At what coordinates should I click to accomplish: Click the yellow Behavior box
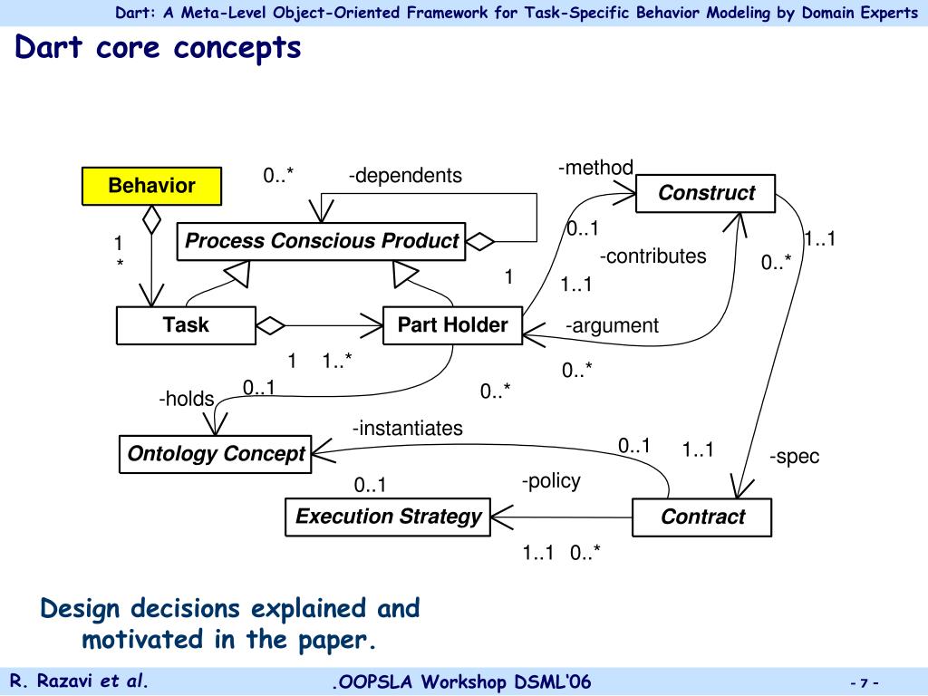tap(151, 186)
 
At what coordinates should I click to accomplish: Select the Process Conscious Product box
tap(321, 241)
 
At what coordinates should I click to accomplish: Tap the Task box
tap(186, 325)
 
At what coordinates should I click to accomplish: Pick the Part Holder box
tap(452, 325)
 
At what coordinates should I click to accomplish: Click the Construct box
tap(705, 193)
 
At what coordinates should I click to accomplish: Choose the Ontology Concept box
tap(216, 454)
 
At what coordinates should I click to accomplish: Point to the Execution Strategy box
tap(388, 517)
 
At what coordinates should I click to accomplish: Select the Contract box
tap(701, 517)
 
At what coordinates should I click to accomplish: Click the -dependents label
tap(405, 176)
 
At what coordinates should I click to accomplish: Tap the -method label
tap(595, 168)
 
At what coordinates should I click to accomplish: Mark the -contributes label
tap(652, 256)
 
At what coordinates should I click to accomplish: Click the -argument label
tap(612, 325)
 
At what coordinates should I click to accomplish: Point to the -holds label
tap(186, 399)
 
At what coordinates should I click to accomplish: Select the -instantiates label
tap(407, 428)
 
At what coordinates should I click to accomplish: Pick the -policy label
tap(550, 481)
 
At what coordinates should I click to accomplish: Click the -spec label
tap(794, 457)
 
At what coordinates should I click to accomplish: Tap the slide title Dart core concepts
tap(158, 48)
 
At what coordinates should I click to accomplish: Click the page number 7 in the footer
tap(865, 682)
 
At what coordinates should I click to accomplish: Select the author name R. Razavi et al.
tap(79, 681)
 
